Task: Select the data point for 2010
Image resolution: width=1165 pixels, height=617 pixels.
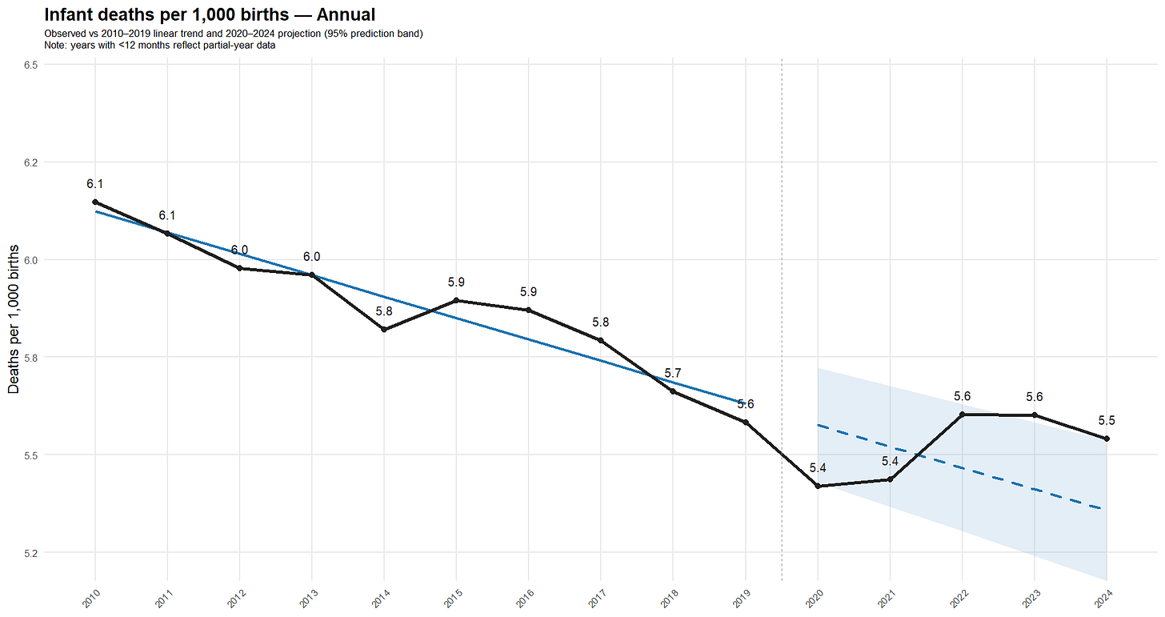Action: click(95, 202)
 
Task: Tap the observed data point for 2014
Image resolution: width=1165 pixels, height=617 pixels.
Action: click(384, 330)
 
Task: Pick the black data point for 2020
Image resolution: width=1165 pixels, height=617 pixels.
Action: click(818, 486)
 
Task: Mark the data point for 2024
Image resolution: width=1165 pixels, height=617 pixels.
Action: click(1107, 439)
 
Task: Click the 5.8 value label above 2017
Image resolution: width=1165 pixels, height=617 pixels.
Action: click(601, 322)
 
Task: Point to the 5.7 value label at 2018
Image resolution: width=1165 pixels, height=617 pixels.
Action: click(673, 374)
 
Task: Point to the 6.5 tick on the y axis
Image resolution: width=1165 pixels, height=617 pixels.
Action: click(32, 65)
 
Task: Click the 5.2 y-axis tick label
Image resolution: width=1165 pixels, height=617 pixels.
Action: click(32, 552)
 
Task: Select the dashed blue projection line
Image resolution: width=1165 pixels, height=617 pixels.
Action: click(960, 467)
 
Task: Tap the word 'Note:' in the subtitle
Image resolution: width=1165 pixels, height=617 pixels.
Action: click(57, 46)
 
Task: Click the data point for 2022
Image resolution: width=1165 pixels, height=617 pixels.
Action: click(963, 415)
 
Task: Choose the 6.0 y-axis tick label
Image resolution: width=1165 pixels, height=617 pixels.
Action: click(32, 259)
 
